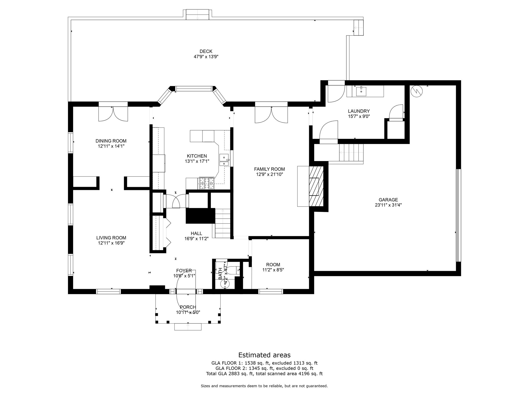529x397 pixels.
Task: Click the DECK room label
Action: click(206, 51)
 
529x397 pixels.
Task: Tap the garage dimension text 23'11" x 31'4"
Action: click(388, 205)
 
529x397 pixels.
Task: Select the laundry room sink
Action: click(361, 91)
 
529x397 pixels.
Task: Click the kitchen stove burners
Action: click(206, 183)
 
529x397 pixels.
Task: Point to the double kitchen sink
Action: click(224, 160)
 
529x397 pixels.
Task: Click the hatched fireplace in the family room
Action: click(316, 186)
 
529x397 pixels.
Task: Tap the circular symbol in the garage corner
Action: click(416, 91)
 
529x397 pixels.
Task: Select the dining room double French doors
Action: click(113, 114)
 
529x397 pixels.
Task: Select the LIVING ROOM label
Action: click(111, 238)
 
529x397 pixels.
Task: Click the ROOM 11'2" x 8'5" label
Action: click(273, 265)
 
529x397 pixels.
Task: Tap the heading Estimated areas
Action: click(264, 355)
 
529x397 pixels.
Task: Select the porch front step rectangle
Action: click(188, 327)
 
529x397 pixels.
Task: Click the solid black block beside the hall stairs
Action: click(200, 216)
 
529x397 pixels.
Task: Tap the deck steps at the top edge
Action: click(197, 14)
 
